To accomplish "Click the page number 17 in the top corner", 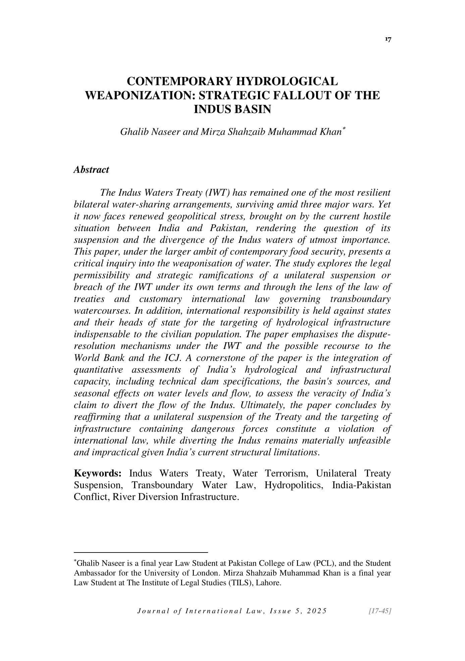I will (x=387, y=40).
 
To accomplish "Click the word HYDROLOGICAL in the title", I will (x=287, y=81).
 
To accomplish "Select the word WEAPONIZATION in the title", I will (x=140, y=95).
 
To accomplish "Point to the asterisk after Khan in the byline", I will (x=343, y=128).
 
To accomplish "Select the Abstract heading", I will (x=91, y=170).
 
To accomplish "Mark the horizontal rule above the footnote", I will (x=141, y=552).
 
